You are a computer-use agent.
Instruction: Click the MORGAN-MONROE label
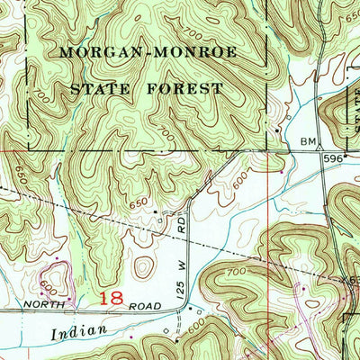148,52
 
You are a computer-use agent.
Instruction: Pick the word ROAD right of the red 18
147,306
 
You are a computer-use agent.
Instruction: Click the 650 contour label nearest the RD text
138,204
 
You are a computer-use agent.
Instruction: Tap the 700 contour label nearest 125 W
211,272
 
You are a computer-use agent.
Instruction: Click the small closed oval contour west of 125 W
143,267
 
